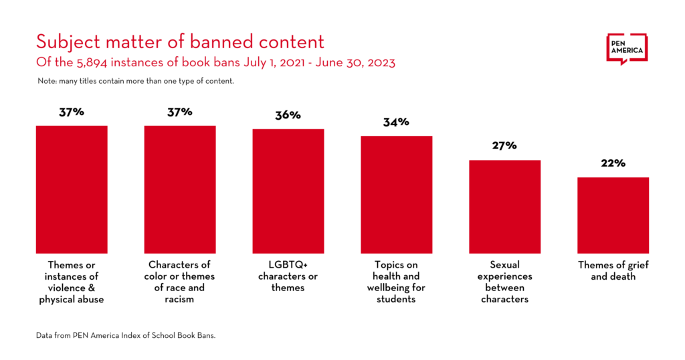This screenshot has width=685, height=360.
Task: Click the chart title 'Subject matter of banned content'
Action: (x=180, y=41)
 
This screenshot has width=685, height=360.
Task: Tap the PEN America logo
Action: (x=627, y=49)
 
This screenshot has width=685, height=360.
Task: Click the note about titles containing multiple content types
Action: (x=136, y=81)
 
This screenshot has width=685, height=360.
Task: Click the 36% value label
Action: (x=288, y=115)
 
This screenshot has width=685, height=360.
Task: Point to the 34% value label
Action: (x=396, y=122)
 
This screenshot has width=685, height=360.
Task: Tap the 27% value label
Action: (x=504, y=146)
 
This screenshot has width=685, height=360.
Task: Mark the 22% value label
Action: (x=613, y=163)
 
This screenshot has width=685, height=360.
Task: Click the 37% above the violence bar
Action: (x=72, y=112)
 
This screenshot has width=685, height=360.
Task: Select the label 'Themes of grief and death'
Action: (x=613, y=271)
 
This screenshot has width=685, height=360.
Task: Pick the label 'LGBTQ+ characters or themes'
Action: (x=288, y=276)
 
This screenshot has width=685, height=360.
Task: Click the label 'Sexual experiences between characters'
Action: (x=504, y=282)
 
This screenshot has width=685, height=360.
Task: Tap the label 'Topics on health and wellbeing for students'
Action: (x=397, y=282)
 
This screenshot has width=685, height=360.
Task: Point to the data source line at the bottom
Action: (x=126, y=335)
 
